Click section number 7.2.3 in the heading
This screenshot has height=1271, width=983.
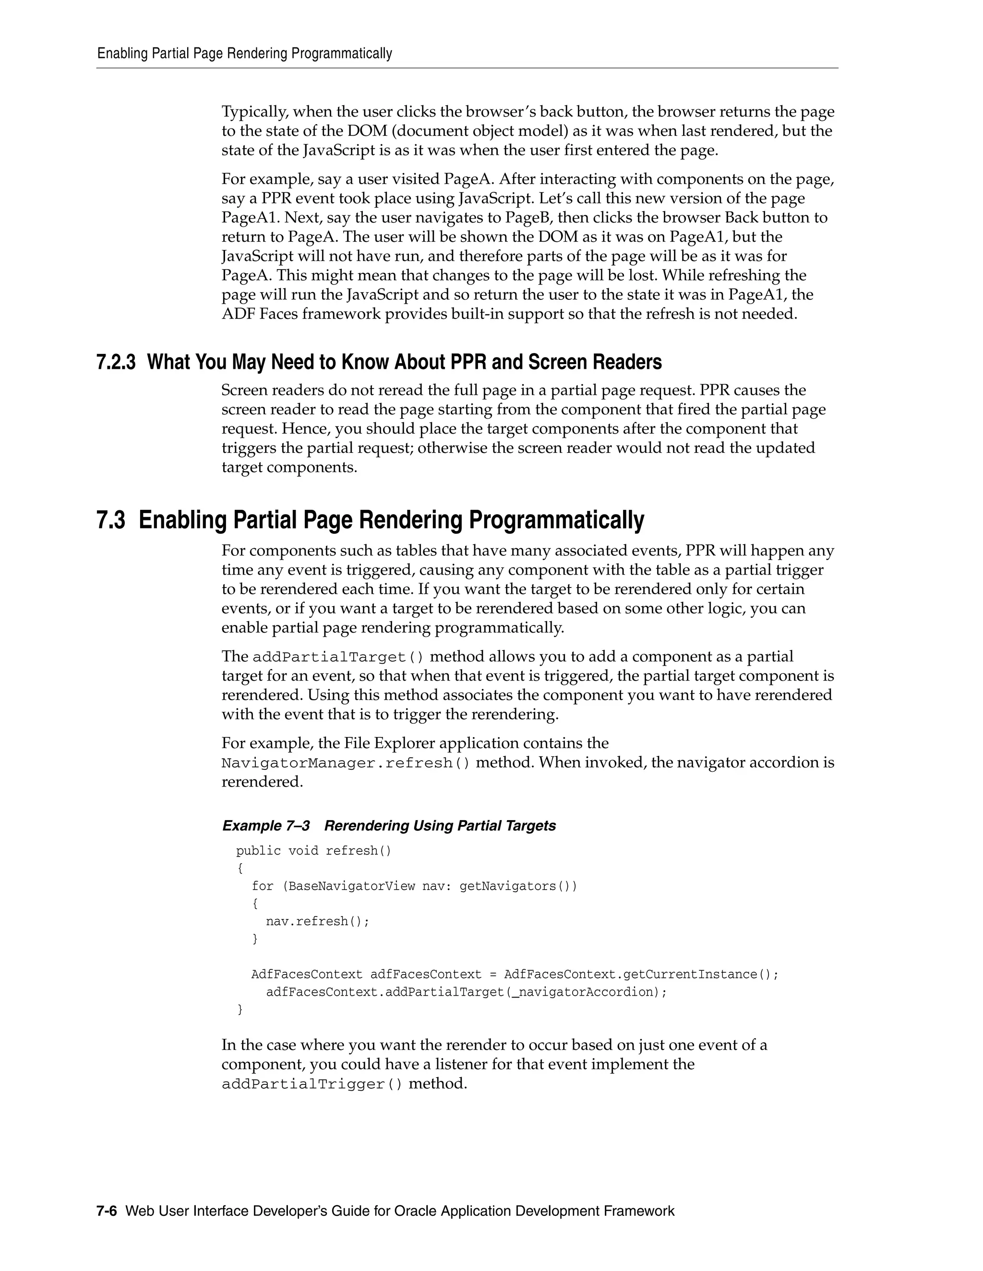116,362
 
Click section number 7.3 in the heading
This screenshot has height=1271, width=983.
111,520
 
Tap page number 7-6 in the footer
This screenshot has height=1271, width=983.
107,1211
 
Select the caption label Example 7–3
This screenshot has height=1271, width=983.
266,825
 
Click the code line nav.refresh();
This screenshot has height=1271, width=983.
317,921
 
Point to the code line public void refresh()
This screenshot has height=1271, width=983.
313,851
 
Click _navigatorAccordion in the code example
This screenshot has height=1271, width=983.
584,992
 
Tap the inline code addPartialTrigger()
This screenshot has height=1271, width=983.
312,1084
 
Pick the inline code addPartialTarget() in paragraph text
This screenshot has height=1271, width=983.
338,657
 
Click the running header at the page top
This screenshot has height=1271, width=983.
245,54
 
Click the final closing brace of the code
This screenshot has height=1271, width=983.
240,1009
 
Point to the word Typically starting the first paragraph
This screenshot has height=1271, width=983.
254,112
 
